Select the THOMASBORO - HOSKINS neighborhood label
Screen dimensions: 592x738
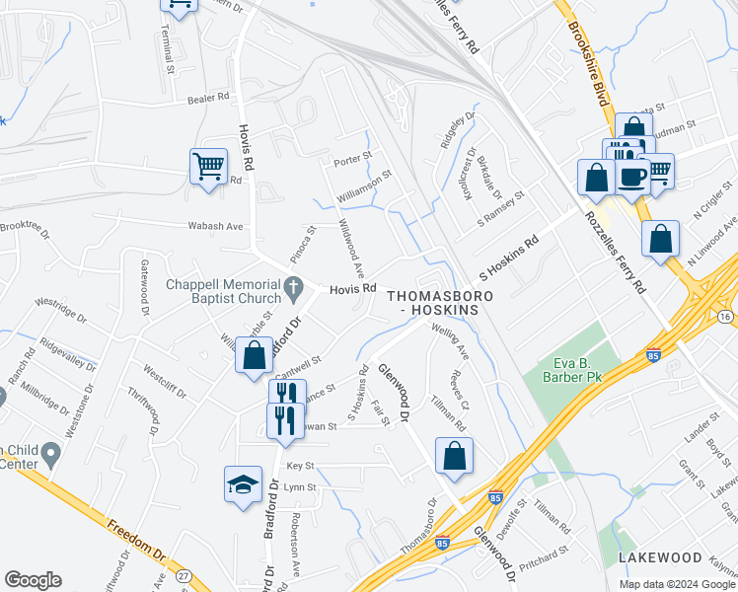coord(433,303)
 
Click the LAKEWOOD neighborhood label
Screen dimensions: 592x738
coord(659,557)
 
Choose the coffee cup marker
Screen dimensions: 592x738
coord(631,176)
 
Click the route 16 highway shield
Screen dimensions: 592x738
coord(725,316)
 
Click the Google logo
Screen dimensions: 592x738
coord(33,580)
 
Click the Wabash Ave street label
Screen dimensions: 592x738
coord(215,226)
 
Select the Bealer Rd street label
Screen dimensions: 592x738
coord(207,98)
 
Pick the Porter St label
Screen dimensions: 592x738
coord(352,158)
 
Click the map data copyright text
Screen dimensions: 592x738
coord(678,584)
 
